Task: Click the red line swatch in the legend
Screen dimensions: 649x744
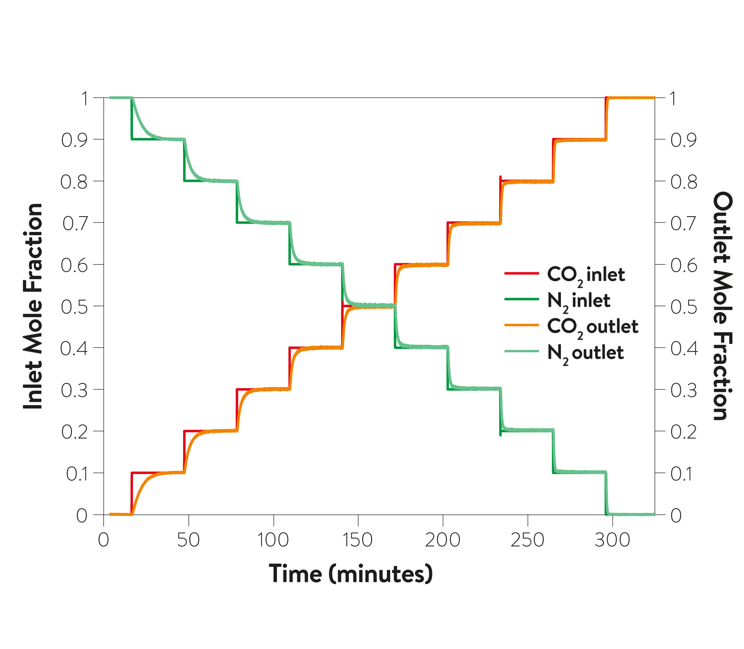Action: [x=522, y=273]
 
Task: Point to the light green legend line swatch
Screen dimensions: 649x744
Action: [x=522, y=351]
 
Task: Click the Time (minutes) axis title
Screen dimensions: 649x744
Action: [x=351, y=574]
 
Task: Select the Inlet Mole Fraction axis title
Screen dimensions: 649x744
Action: [x=33, y=306]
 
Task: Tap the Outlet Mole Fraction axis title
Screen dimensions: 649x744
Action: [x=722, y=306]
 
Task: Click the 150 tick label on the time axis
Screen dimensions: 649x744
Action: [x=358, y=540]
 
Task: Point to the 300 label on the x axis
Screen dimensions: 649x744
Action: [x=612, y=540]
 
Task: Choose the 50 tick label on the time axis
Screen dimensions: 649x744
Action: [x=188, y=540]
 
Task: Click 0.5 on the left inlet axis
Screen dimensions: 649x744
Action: [x=74, y=307]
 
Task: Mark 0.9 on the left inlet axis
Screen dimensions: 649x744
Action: [x=74, y=140]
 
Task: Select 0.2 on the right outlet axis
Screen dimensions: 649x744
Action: [x=684, y=432]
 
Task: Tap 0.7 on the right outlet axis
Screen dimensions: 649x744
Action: [x=684, y=224]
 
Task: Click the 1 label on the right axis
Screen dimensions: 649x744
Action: [x=673, y=98]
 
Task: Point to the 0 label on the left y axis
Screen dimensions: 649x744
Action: [x=82, y=515]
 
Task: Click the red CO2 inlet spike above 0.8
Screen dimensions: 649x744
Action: [x=501, y=178]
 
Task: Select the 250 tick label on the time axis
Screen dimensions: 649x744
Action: [x=527, y=540]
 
